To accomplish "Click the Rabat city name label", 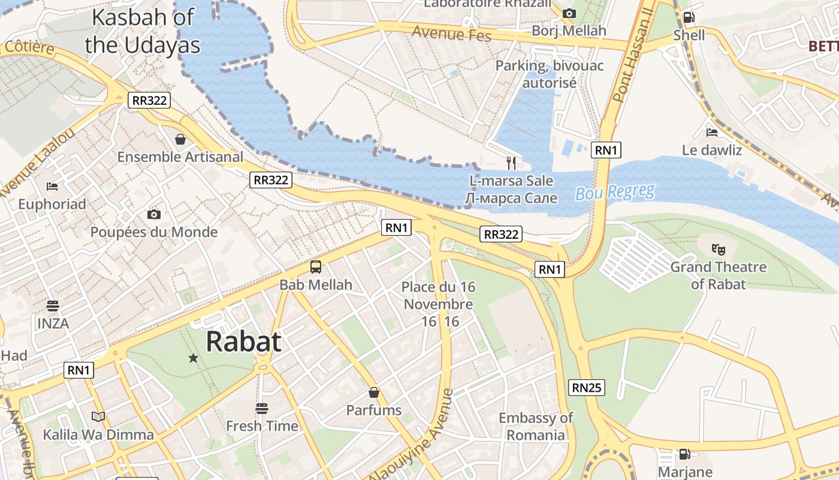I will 243,341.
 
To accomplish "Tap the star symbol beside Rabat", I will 193,358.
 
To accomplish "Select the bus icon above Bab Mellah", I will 316,267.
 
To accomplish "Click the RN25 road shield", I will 587,388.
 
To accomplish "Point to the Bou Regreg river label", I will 615,193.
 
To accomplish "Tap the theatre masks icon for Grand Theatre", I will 718,249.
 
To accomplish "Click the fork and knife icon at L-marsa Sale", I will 511,163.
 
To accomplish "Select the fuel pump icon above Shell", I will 689,17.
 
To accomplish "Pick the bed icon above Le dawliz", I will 712,133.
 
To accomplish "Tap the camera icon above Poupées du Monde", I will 153,214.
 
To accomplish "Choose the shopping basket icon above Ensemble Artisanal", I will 180,139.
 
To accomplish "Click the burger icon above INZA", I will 53,306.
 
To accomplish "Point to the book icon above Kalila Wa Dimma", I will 98,416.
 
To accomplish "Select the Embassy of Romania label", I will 536,426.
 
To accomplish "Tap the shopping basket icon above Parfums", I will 374,392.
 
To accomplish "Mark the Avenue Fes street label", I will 452,34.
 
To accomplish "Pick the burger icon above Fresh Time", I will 262,409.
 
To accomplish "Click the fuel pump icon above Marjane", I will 684,454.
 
